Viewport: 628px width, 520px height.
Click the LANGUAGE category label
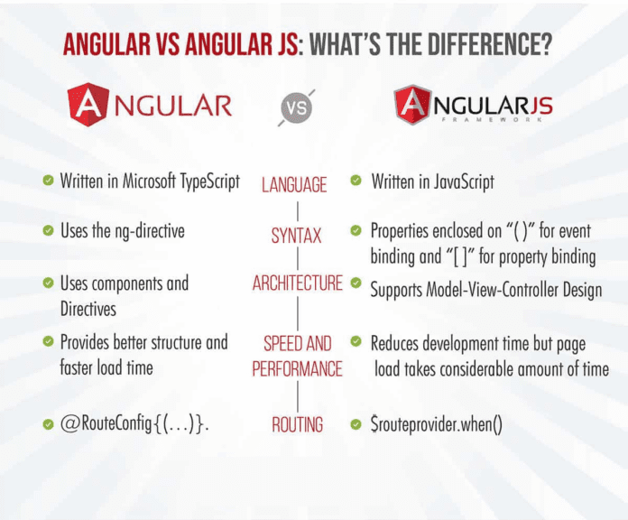pyautogui.click(x=294, y=185)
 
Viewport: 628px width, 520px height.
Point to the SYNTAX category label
pyautogui.click(x=296, y=237)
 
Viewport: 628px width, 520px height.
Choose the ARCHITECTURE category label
pyautogui.click(x=297, y=283)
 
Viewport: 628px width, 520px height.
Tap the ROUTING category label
pyautogui.click(x=297, y=423)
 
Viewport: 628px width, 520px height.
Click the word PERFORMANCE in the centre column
pyautogui.click(x=297, y=368)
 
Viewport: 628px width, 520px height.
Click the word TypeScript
pyautogui.click(x=203, y=181)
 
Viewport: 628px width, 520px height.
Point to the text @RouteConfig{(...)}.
pyautogui.click(x=134, y=423)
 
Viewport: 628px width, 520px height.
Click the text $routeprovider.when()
pyautogui.click(x=437, y=423)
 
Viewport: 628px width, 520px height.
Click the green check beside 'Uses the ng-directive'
pyautogui.click(x=47, y=231)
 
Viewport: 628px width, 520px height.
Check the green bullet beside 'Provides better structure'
pyautogui.click(x=47, y=342)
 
